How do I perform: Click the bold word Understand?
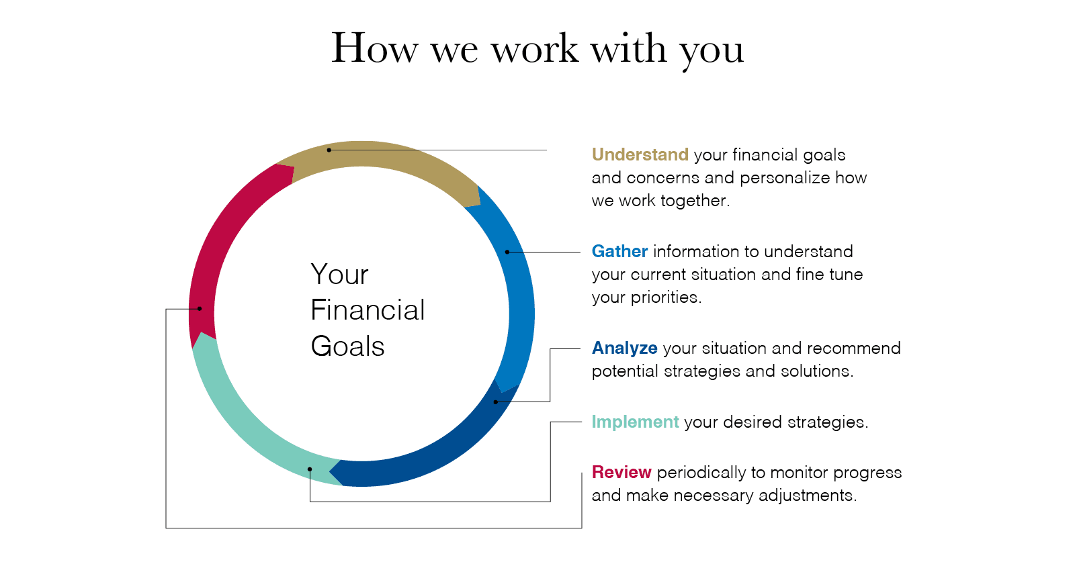[x=640, y=155]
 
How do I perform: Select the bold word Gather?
[x=619, y=251]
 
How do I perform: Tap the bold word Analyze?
[x=624, y=348]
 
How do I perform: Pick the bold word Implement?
[x=635, y=422]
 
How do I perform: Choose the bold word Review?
[x=621, y=472]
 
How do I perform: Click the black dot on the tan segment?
[x=329, y=150]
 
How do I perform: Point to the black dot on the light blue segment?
[x=507, y=252]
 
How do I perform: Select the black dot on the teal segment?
[x=310, y=469]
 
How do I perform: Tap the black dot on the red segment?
[x=199, y=308]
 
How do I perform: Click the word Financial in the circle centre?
[x=368, y=310]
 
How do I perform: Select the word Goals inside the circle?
[x=347, y=346]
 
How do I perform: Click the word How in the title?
[x=375, y=48]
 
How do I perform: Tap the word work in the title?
[x=535, y=48]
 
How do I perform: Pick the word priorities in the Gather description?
[x=666, y=297]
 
